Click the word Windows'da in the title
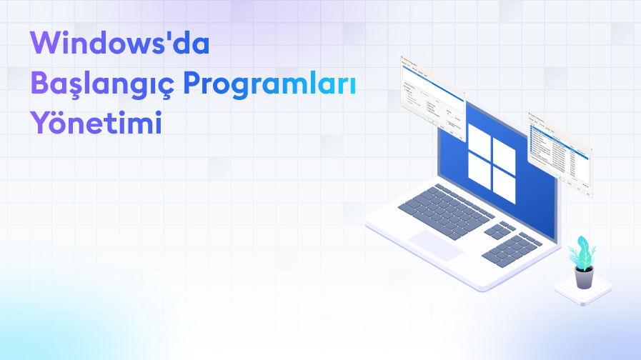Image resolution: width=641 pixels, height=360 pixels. coord(120,44)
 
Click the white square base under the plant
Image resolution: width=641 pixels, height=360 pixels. coord(583,291)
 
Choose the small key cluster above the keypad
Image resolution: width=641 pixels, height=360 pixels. coord(500,229)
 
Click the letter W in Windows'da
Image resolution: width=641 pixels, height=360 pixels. coord(45,44)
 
